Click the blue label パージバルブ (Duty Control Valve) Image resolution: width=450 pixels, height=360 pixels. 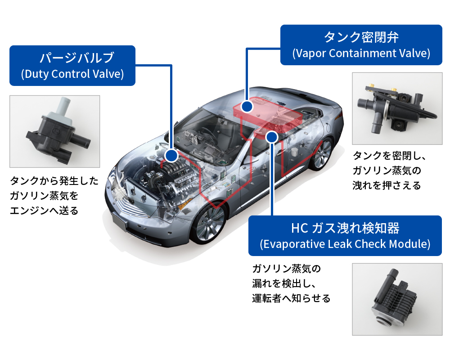tap(72, 65)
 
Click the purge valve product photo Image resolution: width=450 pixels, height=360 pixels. tap(54, 131)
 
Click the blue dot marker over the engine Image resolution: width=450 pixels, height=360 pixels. tap(171, 156)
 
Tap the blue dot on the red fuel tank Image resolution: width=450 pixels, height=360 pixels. tap(246, 107)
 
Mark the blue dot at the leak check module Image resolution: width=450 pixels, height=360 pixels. tap(272, 137)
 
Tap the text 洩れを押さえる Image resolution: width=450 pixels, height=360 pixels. tap(387, 185)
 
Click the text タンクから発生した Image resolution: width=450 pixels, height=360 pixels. tap(53, 181)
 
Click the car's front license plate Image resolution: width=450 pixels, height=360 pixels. tap(118, 221)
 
